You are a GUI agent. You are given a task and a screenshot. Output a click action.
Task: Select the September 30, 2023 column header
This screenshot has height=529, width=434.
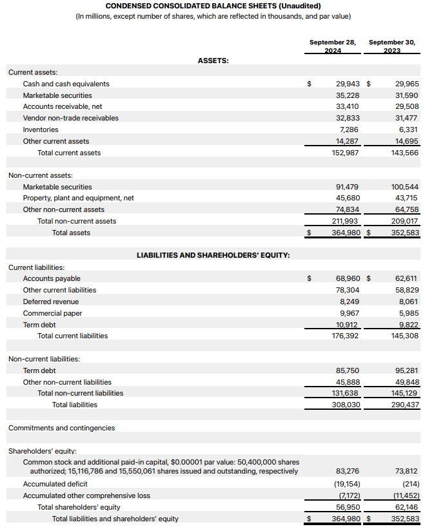coord(392,46)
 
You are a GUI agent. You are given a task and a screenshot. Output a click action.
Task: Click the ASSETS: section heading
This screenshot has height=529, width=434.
coord(213,61)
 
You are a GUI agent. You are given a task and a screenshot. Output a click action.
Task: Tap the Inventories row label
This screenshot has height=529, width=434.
coord(41,130)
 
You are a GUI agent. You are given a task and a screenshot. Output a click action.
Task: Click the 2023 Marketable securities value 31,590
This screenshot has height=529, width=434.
coord(407,95)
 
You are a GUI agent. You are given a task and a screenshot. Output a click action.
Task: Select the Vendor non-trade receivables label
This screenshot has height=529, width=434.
coord(71,118)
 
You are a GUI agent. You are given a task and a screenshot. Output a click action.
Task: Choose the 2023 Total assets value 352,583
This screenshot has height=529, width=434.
coord(406,233)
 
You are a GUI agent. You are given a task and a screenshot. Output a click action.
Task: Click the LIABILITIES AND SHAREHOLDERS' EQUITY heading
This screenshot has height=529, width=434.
coord(213,255)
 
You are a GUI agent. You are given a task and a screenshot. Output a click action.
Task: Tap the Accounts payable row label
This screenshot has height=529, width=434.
coord(52,278)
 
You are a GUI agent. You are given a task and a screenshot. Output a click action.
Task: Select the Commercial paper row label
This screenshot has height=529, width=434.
coord(52,313)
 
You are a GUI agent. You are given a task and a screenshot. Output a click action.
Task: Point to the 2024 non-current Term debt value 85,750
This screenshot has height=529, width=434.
coord(348,370)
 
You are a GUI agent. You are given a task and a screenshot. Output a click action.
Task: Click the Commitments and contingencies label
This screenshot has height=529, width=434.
coord(61,428)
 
